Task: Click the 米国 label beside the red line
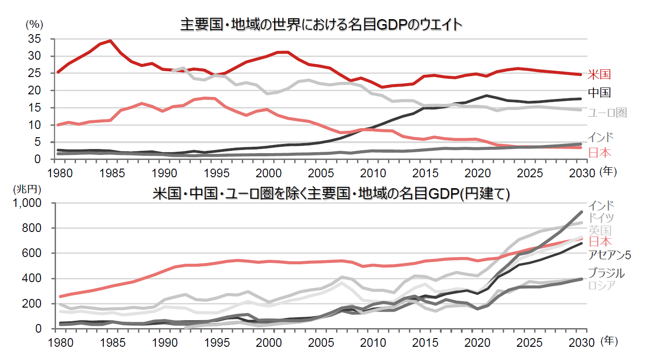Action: coord(599,74)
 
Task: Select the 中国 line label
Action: coord(599,93)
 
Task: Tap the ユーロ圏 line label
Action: coord(607,113)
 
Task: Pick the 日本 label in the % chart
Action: coord(599,153)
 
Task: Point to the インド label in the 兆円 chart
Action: coord(601,205)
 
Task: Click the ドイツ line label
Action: coord(601,217)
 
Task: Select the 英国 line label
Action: coord(599,230)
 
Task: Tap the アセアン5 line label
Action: coord(609,255)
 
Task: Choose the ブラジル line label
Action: coord(606,273)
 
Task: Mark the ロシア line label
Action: coord(602,286)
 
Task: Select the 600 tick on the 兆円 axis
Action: coord(34,253)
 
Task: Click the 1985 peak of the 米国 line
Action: coord(110,41)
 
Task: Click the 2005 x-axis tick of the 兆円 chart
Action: coord(321,341)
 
